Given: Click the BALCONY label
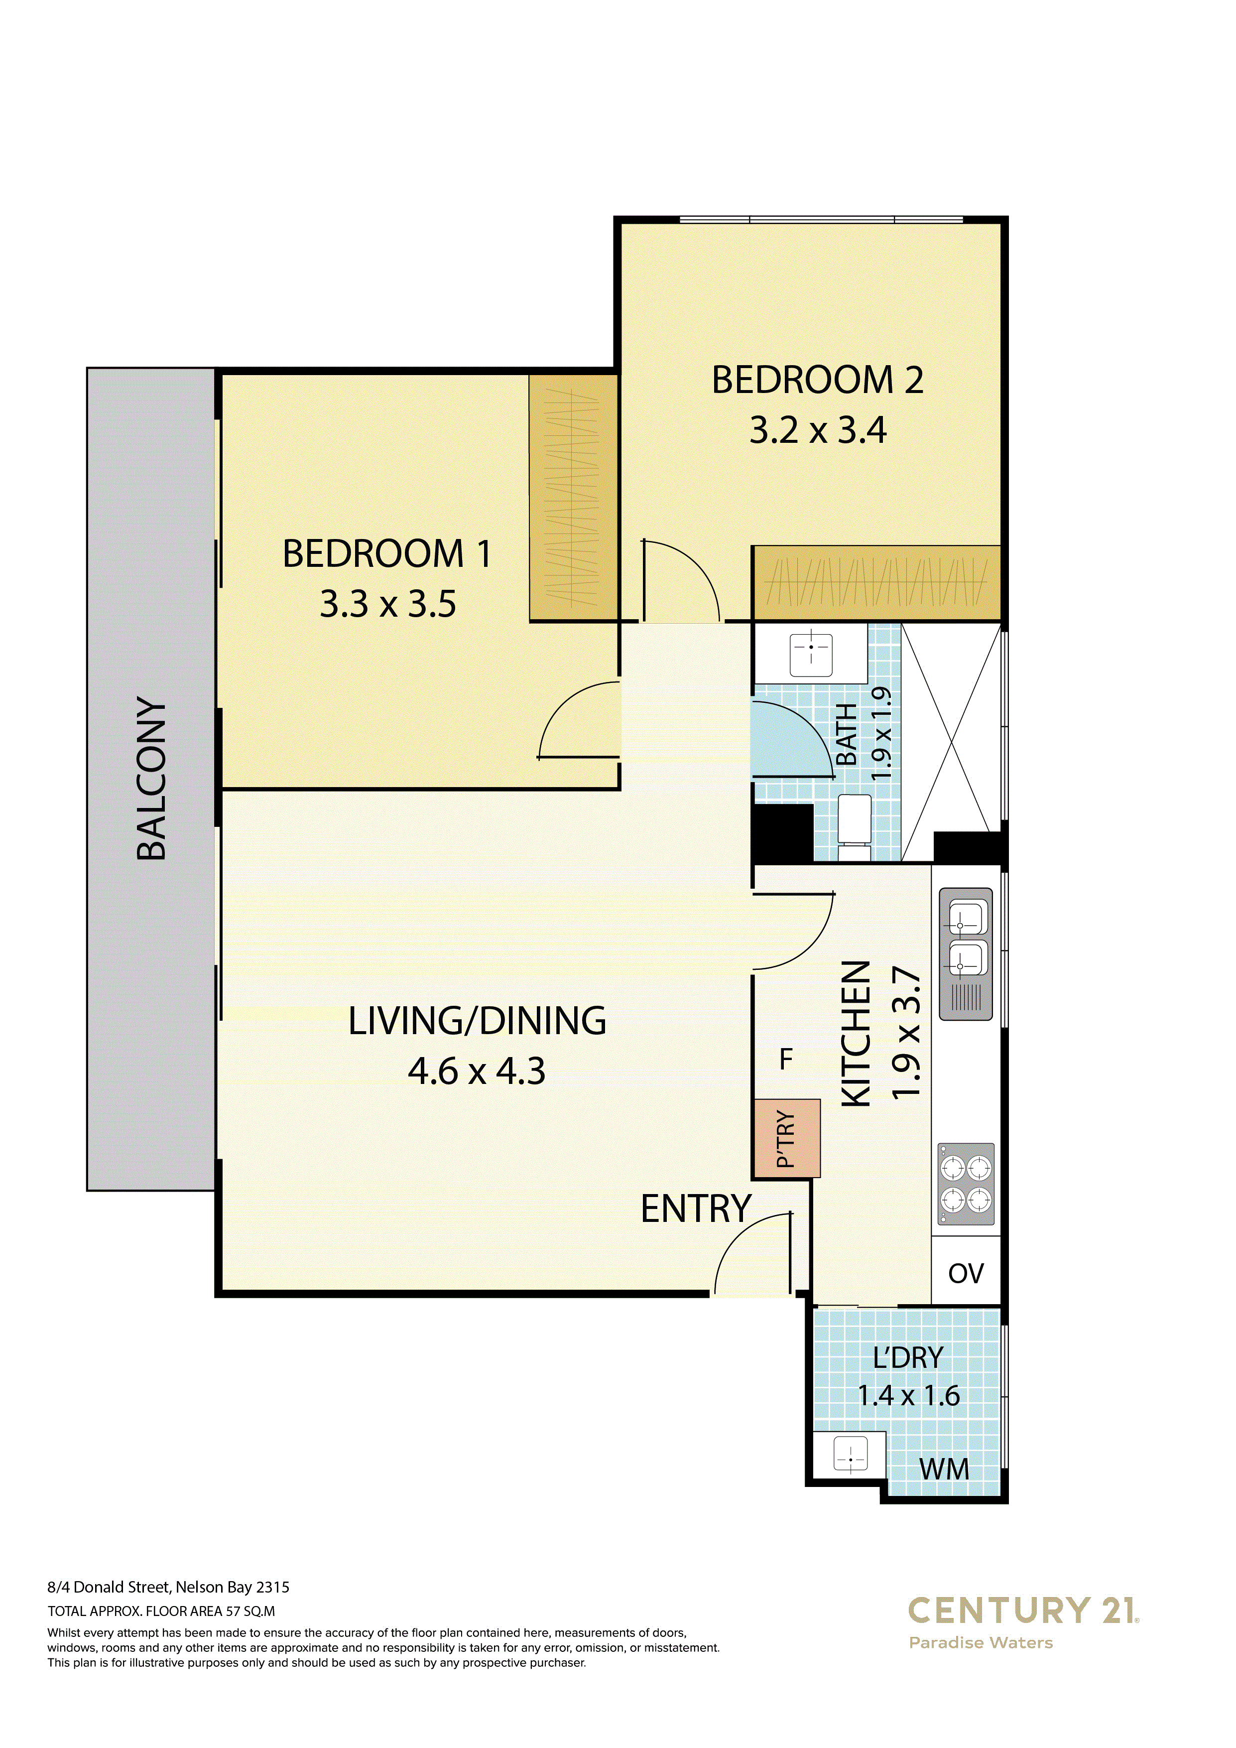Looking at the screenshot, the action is pyautogui.click(x=151, y=778).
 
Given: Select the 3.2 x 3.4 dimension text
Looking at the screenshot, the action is pyautogui.click(x=818, y=430).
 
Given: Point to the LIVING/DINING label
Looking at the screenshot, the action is pyautogui.click(x=477, y=1021).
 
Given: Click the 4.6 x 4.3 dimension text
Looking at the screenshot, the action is pyautogui.click(x=477, y=1071).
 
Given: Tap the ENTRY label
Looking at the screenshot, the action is pyautogui.click(x=696, y=1209).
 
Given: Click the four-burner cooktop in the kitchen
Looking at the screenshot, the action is pyautogui.click(x=966, y=1184).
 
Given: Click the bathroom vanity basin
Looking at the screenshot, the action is pyautogui.click(x=811, y=653).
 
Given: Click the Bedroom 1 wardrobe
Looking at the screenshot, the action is pyautogui.click(x=573, y=498).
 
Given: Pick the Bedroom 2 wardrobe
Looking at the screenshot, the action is pyautogui.click(x=876, y=583).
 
